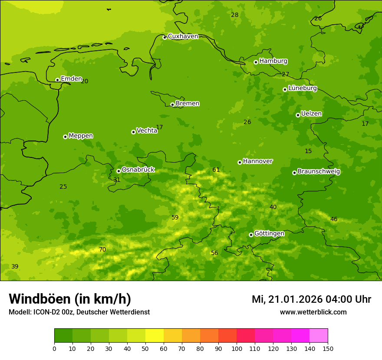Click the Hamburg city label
click(273, 61)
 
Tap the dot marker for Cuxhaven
click(165, 37)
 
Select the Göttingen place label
click(269, 233)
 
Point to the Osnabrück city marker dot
click(119, 171)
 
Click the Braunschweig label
click(319, 171)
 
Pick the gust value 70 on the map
click(102, 249)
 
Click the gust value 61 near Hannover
click(216, 170)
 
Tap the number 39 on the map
click(15, 266)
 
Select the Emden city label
click(71, 79)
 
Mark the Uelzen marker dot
click(298, 115)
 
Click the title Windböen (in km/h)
click(70, 299)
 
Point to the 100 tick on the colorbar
click(237, 348)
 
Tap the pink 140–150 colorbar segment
click(319, 335)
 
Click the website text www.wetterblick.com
click(313, 312)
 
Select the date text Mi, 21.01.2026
click(287, 299)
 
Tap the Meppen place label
click(81, 136)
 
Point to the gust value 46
click(334, 219)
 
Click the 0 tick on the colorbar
click(54, 348)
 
